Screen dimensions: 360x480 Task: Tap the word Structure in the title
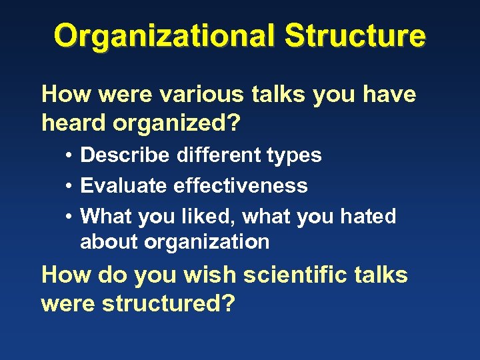coord(355,35)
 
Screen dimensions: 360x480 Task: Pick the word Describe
coord(125,155)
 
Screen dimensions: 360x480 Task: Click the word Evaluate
coord(124,185)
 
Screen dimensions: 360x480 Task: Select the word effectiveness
coord(241,185)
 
